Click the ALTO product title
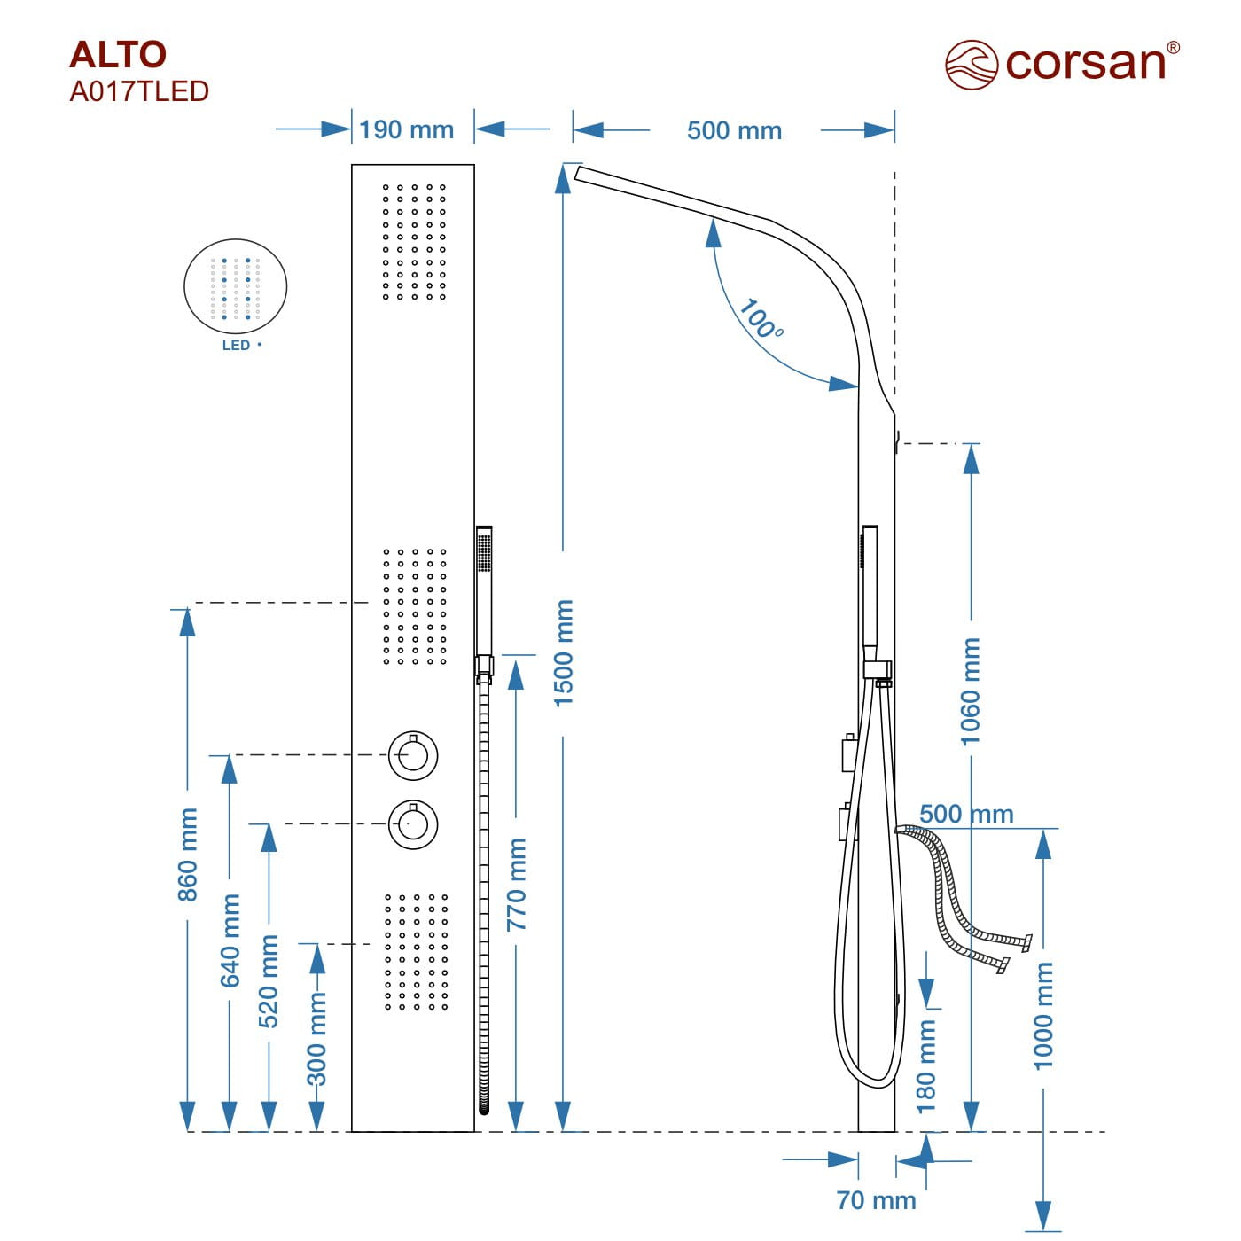pyautogui.click(x=118, y=55)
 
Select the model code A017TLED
pyautogui.click(x=139, y=91)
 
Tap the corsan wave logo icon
pyautogui.click(x=972, y=65)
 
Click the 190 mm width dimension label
pyautogui.click(x=407, y=130)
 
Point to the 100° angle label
pyautogui.click(x=761, y=320)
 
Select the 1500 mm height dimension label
pyautogui.click(x=564, y=653)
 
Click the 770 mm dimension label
pyautogui.click(x=516, y=884)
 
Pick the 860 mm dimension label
pyautogui.click(x=188, y=855)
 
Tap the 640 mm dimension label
pyautogui.click(x=230, y=940)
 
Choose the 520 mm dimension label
pyautogui.click(x=269, y=980)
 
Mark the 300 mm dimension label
pyautogui.click(x=316, y=1039)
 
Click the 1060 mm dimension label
pyautogui.click(x=972, y=692)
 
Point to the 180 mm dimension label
pyautogui.click(x=926, y=1065)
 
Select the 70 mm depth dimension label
pyautogui.click(x=876, y=1200)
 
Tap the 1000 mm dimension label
pyautogui.click(x=1044, y=1016)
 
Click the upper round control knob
pyautogui.click(x=413, y=755)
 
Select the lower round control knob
pyautogui.click(x=413, y=823)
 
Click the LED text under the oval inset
pyautogui.click(x=236, y=346)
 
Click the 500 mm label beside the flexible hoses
pyautogui.click(x=966, y=814)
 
